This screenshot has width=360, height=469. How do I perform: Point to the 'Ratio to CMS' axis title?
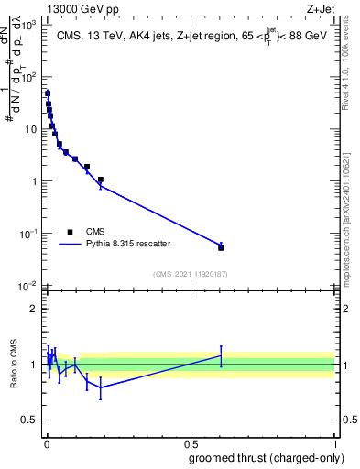pyautogui.click(x=14, y=364)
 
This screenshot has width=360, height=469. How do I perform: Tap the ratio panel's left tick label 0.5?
pyautogui.click(x=30, y=420)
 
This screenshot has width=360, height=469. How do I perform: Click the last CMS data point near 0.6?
pyautogui.click(x=221, y=247)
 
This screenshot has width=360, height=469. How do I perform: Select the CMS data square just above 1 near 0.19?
pyautogui.click(x=101, y=180)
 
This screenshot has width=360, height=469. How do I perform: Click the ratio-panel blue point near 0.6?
pyautogui.click(x=221, y=355)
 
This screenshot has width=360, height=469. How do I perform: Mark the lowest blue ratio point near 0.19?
pyautogui.click(x=101, y=387)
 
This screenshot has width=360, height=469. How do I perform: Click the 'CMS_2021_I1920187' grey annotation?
pyautogui.click(x=190, y=273)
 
